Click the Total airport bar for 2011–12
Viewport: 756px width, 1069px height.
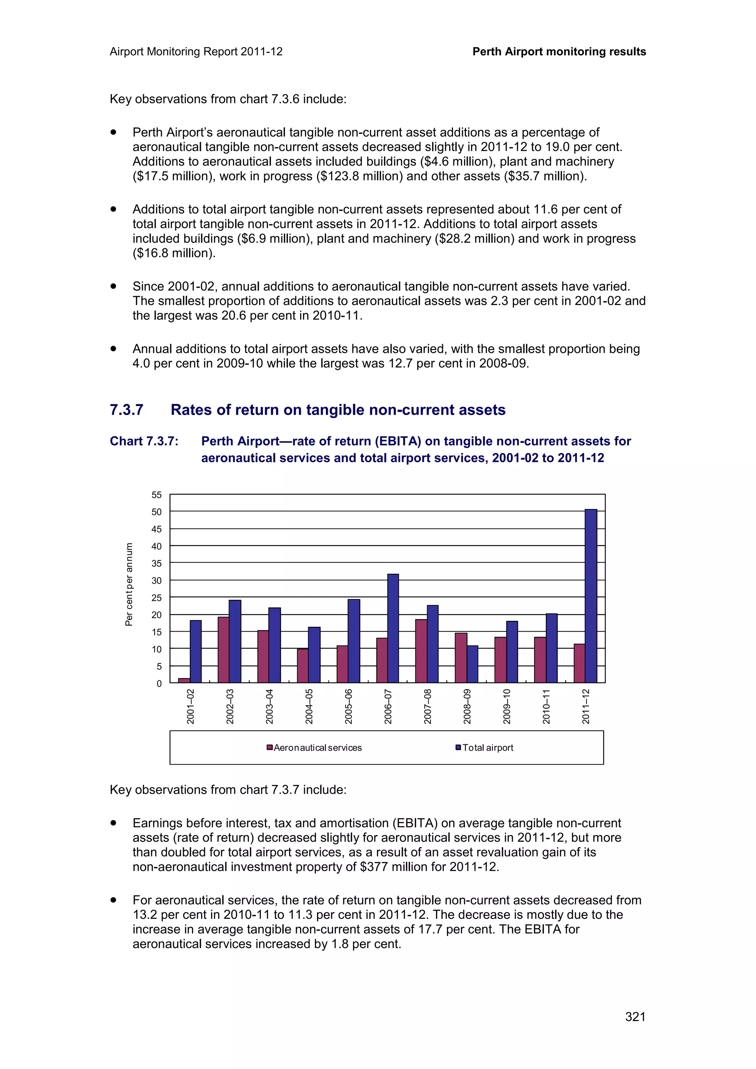tap(591, 596)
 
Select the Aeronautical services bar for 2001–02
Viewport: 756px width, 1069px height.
tap(184, 681)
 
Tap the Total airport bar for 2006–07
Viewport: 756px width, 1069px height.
tap(393, 629)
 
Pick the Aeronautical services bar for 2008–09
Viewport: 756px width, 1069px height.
tap(461, 658)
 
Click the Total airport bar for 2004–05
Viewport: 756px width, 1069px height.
tap(314, 655)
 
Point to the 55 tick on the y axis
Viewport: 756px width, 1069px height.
tap(157, 495)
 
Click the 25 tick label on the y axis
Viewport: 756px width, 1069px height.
tap(157, 598)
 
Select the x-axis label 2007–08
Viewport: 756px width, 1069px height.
tap(427, 706)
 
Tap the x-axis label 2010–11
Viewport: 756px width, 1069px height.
tap(546, 706)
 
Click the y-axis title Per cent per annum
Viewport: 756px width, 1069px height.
tap(129, 584)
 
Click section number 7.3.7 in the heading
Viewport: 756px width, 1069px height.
tap(126, 410)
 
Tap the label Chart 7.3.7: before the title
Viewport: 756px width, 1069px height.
tap(144, 442)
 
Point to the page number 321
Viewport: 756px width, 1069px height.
tap(635, 1017)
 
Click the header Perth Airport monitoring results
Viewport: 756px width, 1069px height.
tap(559, 52)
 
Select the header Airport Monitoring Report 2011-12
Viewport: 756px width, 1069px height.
tap(196, 52)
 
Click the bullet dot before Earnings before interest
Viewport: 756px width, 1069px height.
tap(113, 823)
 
